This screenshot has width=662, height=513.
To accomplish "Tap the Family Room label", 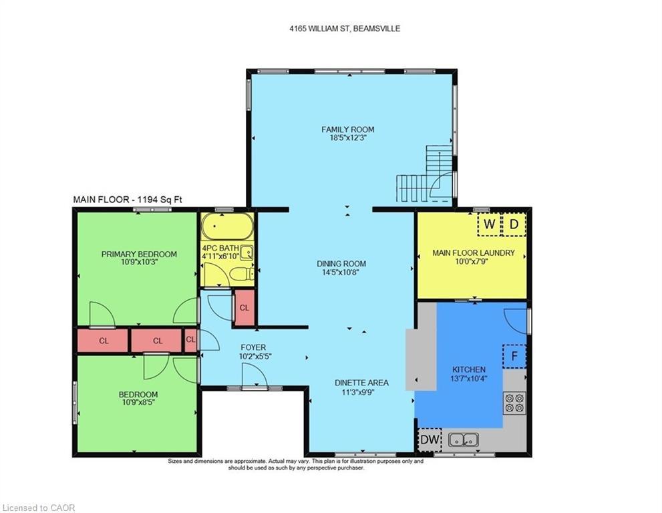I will pos(347,130).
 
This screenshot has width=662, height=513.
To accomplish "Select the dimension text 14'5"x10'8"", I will pos(341,273).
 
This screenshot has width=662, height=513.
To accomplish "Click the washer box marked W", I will pos(489,224).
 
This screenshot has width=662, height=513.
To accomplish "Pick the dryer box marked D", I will pos(514,224).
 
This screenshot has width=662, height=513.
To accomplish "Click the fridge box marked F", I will pos(514,356).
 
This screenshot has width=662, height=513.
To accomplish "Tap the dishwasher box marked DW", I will pos(429,440).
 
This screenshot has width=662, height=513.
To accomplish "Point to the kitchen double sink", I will pos(464,440).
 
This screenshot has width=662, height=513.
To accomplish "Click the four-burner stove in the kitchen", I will pos(514,402).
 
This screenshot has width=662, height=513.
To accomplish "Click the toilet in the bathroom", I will pos(241,273).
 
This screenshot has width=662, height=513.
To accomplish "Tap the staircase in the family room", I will pos(425,175).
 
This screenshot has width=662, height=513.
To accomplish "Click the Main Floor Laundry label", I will pos(474,253).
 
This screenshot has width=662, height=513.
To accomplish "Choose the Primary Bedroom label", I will pos(139,254).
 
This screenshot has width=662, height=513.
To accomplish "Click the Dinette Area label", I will pos(361,383).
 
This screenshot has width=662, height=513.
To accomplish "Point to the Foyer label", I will pos(254,347).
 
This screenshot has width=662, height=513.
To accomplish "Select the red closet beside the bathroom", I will pos(244,308).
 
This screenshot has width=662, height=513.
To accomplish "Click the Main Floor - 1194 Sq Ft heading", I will pos(128,199).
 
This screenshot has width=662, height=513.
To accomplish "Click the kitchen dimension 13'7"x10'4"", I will pos(468,379).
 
